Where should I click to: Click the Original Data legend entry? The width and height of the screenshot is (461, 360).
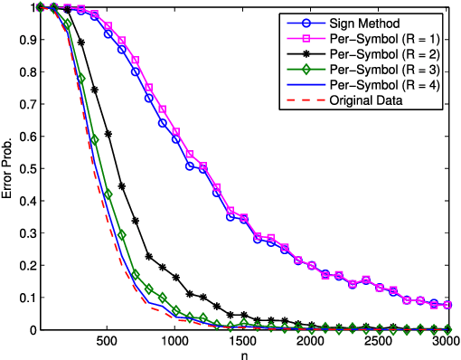point(374,99)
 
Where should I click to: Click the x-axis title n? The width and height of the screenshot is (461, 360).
point(244,354)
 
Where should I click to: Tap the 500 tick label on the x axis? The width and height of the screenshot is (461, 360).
point(108,341)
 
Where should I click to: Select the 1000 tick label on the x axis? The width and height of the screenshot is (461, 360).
point(175,341)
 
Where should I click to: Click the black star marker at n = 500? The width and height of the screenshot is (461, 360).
point(108,134)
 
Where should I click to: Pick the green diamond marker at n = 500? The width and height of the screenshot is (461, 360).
point(108,194)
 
